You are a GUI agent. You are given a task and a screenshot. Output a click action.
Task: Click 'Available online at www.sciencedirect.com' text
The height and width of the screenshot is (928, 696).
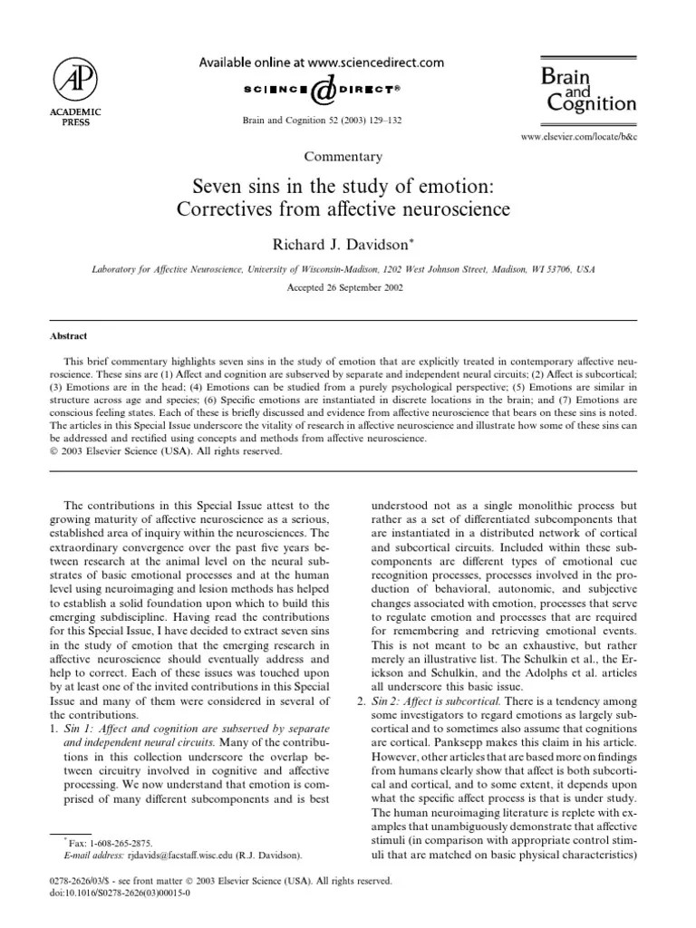(x=321, y=63)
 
